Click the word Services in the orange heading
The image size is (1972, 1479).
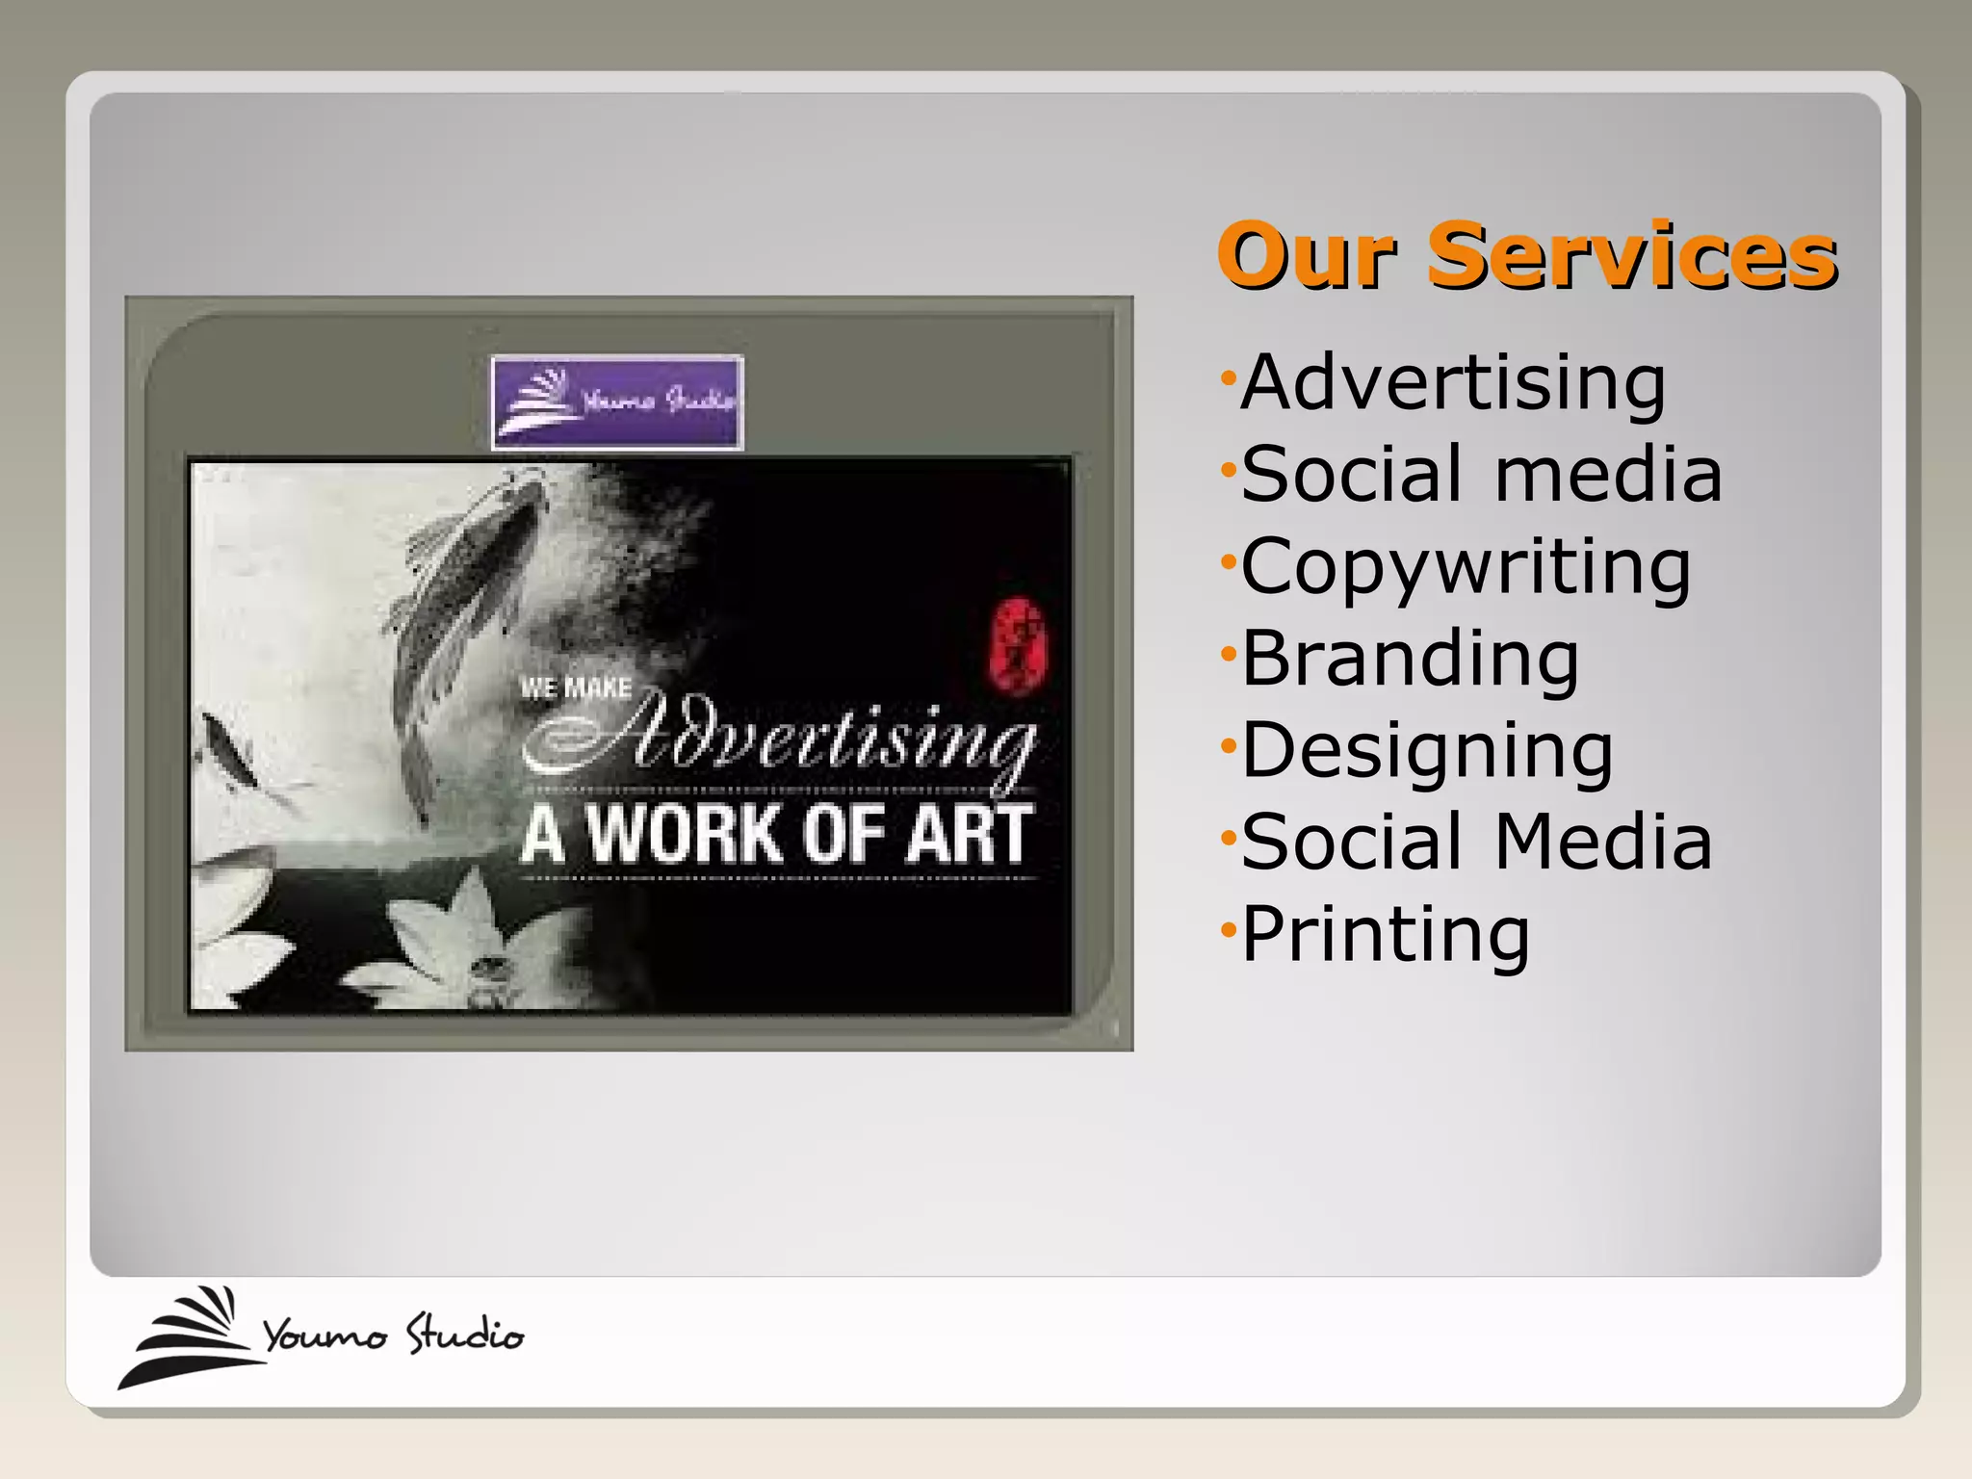[1631, 256]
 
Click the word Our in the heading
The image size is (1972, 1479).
[1307, 256]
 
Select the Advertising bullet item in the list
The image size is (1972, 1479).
[1453, 382]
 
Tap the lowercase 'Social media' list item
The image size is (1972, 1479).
[1481, 474]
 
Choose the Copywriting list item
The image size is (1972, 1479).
[1466, 567]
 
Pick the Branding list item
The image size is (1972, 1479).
[1410, 659]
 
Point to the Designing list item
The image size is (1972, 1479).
[1427, 751]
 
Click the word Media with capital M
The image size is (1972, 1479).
[1603, 842]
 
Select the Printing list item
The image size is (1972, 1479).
[1386, 933]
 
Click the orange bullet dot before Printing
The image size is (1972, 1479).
[1227, 930]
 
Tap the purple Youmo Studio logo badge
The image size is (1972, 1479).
[617, 402]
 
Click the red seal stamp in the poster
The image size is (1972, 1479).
[1018, 644]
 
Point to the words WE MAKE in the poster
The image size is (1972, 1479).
[576, 688]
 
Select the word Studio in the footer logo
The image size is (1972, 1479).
[464, 1335]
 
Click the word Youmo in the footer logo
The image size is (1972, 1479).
[324, 1336]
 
